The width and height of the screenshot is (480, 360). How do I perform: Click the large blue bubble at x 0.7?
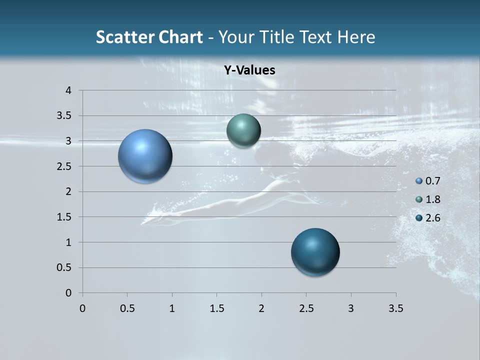(x=145, y=156)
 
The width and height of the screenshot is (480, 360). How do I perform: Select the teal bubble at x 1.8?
(x=243, y=131)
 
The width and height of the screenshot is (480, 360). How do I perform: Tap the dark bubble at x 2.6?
(x=315, y=252)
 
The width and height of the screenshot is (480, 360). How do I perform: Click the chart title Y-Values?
(x=249, y=70)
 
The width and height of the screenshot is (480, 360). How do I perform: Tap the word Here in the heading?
(x=356, y=37)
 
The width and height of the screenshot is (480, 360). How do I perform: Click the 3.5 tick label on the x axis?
(x=395, y=308)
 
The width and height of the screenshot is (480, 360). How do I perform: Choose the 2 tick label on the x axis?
(x=261, y=308)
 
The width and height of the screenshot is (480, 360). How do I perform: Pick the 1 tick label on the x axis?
(x=172, y=308)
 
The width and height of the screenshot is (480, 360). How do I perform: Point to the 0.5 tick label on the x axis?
(x=127, y=308)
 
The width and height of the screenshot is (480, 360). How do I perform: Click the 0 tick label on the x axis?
(x=82, y=308)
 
